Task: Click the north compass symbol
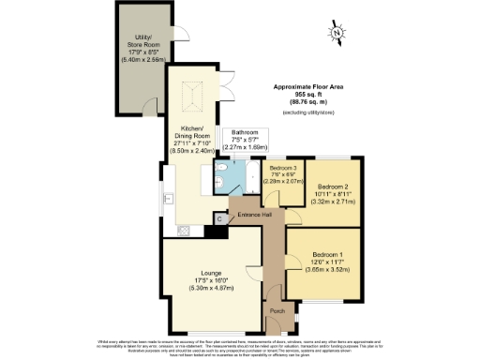337,36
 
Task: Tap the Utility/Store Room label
144,49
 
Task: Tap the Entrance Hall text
254,217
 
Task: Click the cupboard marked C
219,217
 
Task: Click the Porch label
277,311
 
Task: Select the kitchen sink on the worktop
170,200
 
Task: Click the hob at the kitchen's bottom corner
171,228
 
